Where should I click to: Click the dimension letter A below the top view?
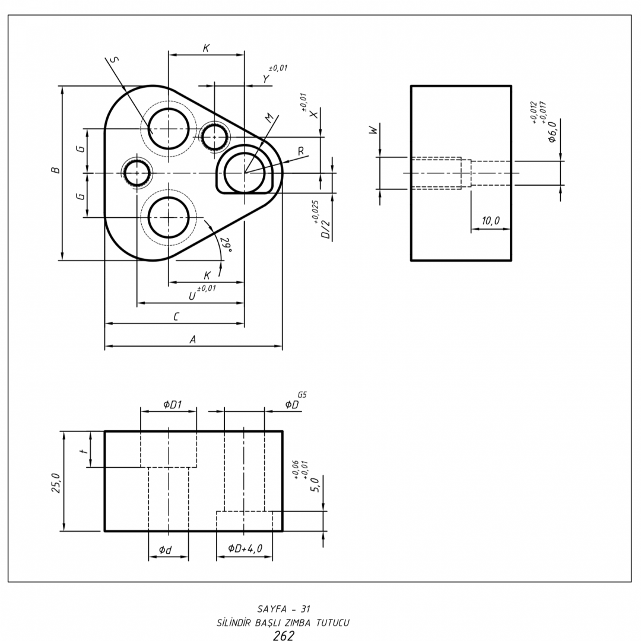click(192, 339)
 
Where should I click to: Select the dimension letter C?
click(176, 318)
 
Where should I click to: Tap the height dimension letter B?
click(56, 171)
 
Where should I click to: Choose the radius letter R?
click(301, 151)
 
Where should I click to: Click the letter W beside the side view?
click(373, 130)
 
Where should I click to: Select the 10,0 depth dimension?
click(490, 221)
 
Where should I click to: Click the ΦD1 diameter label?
click(173, 405)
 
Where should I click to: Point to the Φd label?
click(166, 550)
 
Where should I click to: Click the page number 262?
click(283, 636)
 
